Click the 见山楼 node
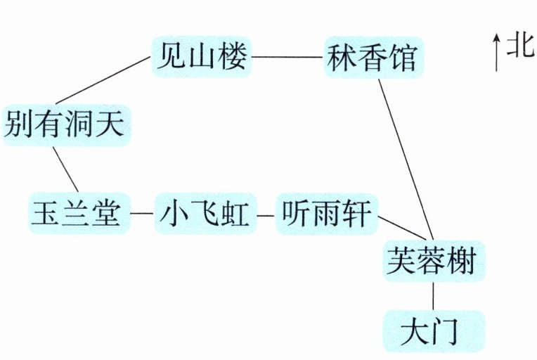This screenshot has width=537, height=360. [201, 56]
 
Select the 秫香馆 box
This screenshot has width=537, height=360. [371, 57]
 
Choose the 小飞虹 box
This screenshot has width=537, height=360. [205, 212]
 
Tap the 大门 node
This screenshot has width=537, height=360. [434, 330]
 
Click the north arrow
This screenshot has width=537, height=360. [496, 53]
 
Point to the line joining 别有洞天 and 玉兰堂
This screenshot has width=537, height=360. [65, 167]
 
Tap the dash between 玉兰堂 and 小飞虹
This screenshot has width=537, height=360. [143, 212]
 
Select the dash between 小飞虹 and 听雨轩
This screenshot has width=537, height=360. [265, 212]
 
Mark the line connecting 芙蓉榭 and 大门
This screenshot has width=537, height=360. [433, 295]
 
